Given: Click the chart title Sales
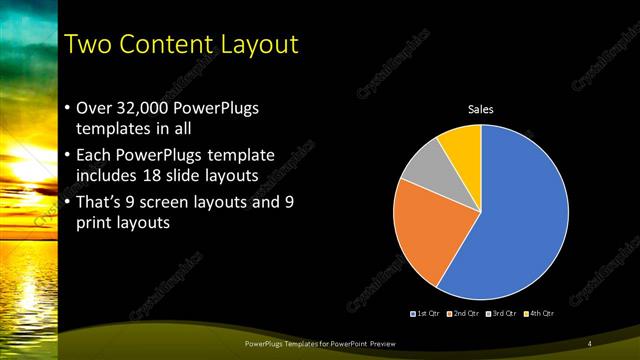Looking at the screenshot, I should point(481,109).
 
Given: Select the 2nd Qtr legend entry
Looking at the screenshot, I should point(462,313).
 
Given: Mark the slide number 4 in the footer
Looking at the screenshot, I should point(590,344).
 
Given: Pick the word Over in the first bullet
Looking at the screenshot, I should point(96,108).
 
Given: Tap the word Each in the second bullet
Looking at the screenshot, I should point(95,155).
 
